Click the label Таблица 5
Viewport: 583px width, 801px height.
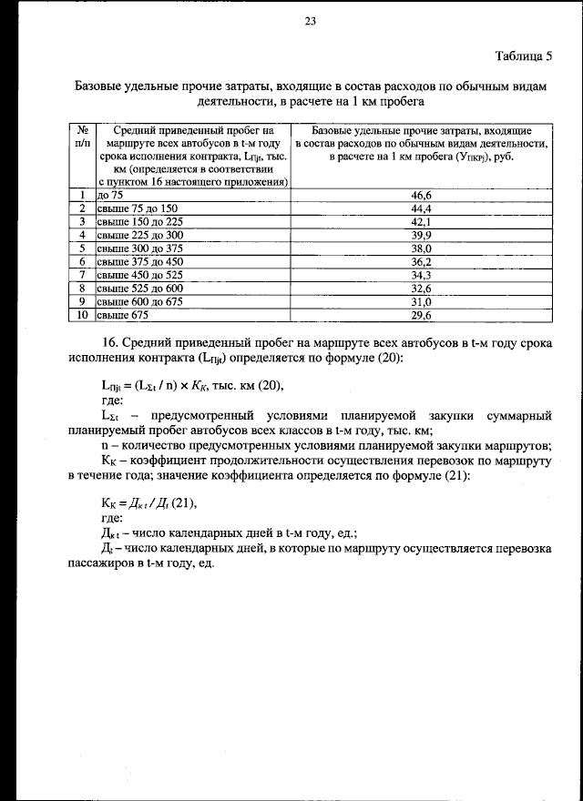coord(524,56)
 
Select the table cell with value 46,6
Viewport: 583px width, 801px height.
coord(421,195)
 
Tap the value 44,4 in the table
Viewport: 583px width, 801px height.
coord(421,208)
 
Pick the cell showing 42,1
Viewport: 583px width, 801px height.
coord(421,221)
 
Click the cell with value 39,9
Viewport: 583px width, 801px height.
coord(421,235)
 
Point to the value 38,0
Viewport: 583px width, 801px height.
coord(421,248)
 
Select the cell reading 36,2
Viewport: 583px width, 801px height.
coord(421,261)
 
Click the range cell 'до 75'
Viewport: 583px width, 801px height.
coord(110,195)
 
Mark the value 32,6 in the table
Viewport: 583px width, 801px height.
coord(421,289)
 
